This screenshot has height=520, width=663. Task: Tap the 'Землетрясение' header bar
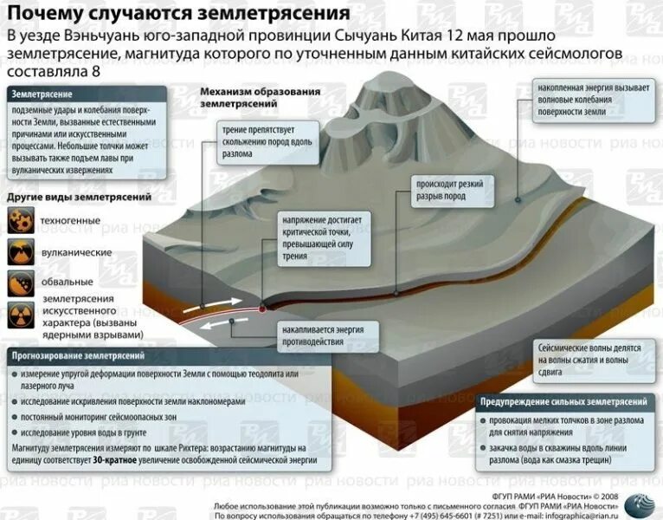(87, 94)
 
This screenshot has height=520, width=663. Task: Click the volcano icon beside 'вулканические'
(21, 252)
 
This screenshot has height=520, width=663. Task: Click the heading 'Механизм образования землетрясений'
(260, 97)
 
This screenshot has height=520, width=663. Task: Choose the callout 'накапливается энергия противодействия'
(322, 336)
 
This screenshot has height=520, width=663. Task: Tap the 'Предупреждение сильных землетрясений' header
(564, 402)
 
